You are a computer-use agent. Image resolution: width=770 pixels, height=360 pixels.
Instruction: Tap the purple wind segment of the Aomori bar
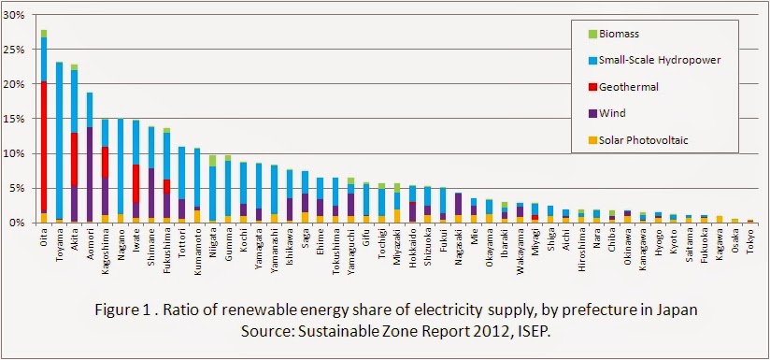coord(90,174)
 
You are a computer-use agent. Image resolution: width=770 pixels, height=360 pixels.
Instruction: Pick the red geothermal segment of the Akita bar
coord(75,160)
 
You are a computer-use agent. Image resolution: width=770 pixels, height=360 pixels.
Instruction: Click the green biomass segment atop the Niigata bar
coord(212,161)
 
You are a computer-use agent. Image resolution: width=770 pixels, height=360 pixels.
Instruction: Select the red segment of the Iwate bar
coord(135,183)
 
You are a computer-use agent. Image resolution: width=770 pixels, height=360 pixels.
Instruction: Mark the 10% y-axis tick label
coord(14,153)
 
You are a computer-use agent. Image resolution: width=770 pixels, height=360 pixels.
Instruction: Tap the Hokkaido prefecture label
coord(413,240)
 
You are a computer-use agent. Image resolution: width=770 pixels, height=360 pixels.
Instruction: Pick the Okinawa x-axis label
coord(627,240)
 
